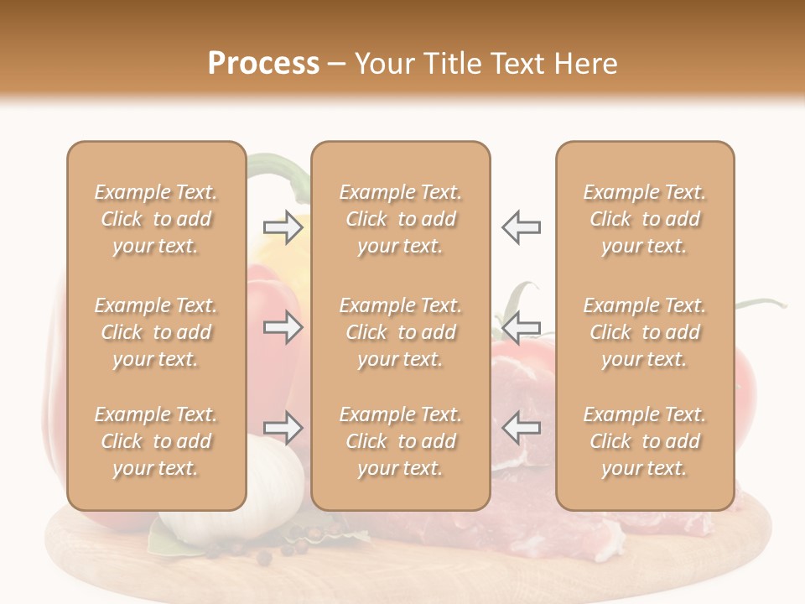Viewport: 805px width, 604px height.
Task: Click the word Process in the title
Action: point(263,64)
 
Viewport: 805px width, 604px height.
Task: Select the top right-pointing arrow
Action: point(283,227)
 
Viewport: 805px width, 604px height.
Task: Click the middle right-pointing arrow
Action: point(283,327)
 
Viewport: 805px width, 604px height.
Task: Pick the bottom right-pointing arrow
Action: point(283,428)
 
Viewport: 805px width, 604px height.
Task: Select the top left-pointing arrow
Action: point(522,227)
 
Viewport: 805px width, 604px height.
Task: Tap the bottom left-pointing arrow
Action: point(522,428)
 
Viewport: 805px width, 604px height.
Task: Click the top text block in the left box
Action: point(156,219)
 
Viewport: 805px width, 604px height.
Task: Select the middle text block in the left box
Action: point(156,332)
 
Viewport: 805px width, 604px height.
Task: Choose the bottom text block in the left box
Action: point(156,441)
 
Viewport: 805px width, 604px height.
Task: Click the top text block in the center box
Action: point(400,219)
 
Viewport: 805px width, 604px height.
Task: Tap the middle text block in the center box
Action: point(400,332)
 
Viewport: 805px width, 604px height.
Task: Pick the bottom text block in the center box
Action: point(400,441)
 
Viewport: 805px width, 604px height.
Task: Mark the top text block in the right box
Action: point(644,219)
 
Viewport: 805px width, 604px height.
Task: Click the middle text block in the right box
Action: point(644,332)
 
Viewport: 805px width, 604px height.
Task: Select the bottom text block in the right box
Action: point(644,441)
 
